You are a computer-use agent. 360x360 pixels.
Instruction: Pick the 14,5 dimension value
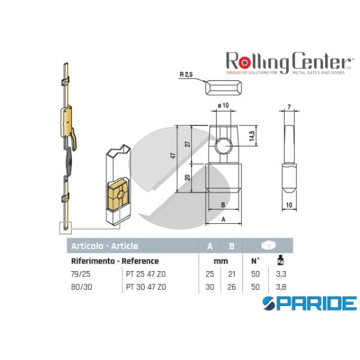[253, 136]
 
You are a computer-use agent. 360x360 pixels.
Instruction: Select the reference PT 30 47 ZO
[146, 287]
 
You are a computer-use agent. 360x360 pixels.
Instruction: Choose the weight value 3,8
[279, 287]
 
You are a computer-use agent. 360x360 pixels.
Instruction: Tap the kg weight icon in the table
[279, 261]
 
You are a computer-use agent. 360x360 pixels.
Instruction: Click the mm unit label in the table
[220, 261]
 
